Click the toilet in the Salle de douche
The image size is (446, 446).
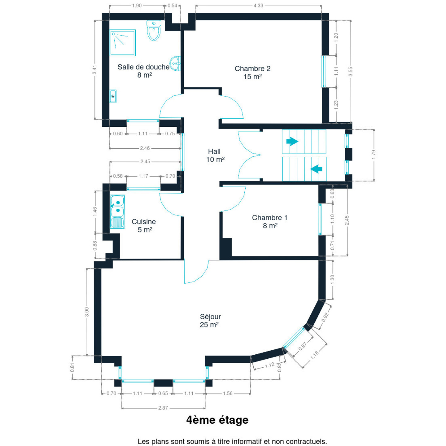tap(154, 31)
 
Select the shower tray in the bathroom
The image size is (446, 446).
tap(123, 43)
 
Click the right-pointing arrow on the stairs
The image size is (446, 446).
tap(292, 142)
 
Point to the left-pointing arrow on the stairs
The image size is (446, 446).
tap(316, 169)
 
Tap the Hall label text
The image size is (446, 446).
tap(214, 151)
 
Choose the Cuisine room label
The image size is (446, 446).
tap(144, 222)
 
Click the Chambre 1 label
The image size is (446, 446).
tap(269, 218)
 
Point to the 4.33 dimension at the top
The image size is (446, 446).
tap(258, 6)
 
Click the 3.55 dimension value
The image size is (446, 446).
tap(350, 72)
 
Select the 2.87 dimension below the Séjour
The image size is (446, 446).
tap(163, 408)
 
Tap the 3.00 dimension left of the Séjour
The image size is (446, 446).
tap(87, 312)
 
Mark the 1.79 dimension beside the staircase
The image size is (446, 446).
tap(374, 155)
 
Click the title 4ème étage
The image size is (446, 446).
tap(217, 420)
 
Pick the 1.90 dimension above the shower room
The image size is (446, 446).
tap(137, 6)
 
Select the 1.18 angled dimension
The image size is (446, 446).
tap(314, 355)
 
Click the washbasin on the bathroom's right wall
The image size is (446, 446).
tap(176, 63)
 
